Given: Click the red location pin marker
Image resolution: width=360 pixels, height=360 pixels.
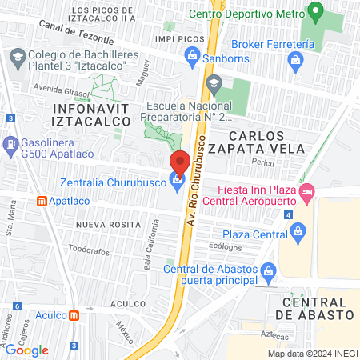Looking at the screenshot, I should (x=180, y=162).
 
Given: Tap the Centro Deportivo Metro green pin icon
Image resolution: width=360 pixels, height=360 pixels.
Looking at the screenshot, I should (x=316, y=13).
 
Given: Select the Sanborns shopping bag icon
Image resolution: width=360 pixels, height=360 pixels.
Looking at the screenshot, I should (x=191, y=54).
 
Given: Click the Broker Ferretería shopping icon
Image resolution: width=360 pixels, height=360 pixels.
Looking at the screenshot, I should (x=296, y=59).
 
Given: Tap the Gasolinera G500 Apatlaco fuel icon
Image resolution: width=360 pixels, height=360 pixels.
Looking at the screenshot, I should (x=10, y=146).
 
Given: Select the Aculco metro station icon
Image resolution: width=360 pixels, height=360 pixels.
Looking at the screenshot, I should (x=74, y=315).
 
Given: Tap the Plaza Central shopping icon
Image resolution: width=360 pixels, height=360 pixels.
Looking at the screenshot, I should (x=298, y=234).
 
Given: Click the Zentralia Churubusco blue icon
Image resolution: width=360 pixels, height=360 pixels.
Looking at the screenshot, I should (x=177, y=182).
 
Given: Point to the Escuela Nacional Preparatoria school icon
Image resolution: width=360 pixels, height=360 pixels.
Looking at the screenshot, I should (x=214, y=82).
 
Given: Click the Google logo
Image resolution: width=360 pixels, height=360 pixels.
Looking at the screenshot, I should (x=26, y=350).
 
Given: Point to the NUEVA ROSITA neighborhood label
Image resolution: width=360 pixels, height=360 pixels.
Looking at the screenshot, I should (x=107, y=226).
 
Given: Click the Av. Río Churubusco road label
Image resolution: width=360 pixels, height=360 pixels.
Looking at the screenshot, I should (x=194, y=184).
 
